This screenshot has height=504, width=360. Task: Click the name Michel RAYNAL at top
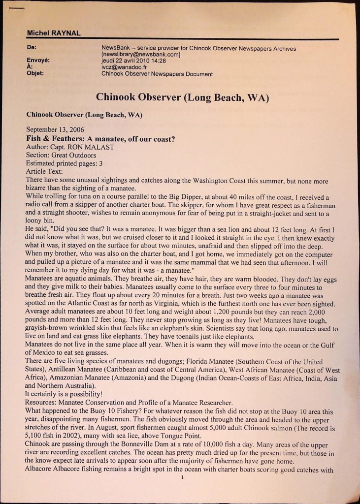coord(54,33)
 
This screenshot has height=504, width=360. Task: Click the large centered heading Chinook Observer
coord(182,97)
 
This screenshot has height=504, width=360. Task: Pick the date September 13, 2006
coord(55,130)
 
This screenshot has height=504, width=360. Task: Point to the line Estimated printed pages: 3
coord(64,163)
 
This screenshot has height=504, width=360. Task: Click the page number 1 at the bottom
coord(182,476)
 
